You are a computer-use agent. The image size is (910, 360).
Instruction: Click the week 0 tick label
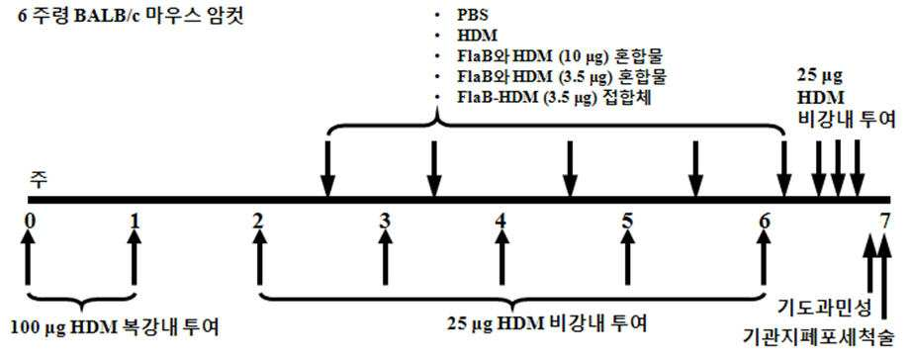[x=28, y=221]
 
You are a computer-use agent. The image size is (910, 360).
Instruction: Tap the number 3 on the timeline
[x=385, y=221]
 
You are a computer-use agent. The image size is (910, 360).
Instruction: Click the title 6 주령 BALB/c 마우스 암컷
[x=123, y=14]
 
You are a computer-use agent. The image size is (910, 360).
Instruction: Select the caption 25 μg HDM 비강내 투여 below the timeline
[x=547, y=322]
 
